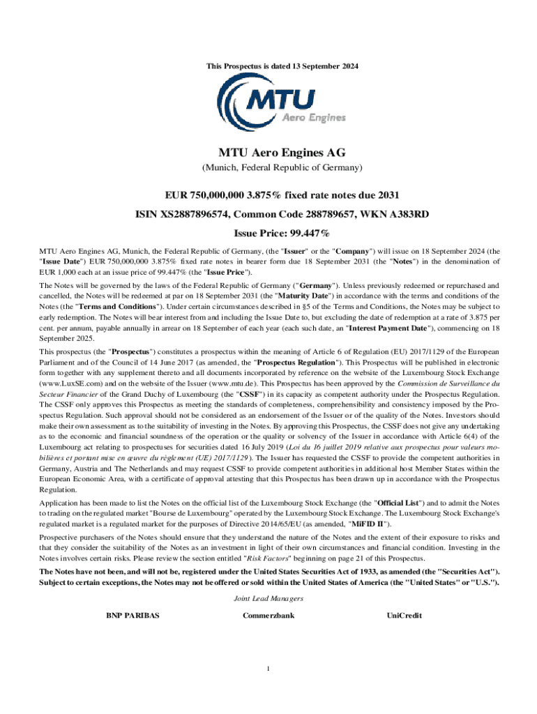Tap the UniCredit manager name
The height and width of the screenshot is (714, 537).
point(404,616)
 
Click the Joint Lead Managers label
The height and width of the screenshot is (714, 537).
point(268,599)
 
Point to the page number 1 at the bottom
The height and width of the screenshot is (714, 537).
point(268,670)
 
